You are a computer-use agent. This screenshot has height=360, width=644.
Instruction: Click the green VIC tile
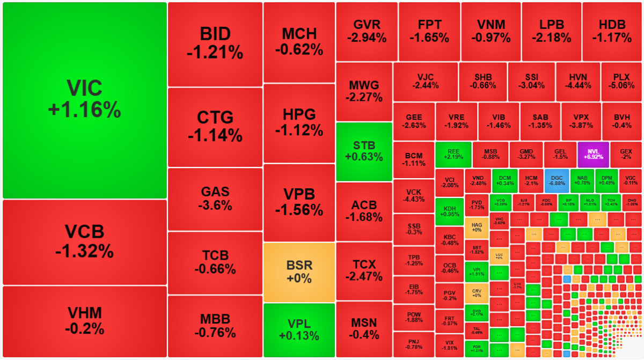tap(84, 100)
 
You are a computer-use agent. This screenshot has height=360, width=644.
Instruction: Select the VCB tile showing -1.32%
tap(84, 241)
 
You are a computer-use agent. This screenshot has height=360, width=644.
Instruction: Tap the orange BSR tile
tap(299, 271)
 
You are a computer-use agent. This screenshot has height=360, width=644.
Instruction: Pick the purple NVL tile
tap(593, 155)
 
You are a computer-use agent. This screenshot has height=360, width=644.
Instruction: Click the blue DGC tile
tap(557, 181)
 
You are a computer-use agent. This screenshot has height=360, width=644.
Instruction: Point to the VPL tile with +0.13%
tap(299, 329)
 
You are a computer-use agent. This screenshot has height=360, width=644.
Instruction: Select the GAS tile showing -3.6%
tap(215, 199)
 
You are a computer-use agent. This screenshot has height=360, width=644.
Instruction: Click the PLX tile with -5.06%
tap(621, 81)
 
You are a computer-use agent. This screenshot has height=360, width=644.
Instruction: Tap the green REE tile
tap(453, 155)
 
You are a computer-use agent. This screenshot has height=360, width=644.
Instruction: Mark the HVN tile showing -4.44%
tap(577, 81)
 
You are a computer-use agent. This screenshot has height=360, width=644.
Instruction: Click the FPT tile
tap(429, 31)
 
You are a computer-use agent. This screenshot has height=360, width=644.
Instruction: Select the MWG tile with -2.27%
tap(364, 91)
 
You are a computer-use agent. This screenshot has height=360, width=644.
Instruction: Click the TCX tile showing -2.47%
tap(364, 270)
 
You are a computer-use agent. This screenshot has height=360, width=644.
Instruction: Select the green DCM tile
tap(504, 181)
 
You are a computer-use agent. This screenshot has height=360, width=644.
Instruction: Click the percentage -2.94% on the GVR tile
tap(367, 38)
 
